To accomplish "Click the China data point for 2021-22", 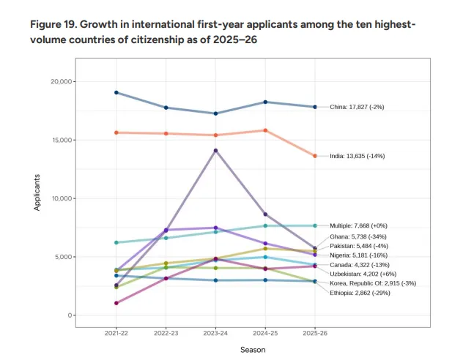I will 116,93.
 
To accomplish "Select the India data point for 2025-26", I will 315,156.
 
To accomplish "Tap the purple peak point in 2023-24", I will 215,151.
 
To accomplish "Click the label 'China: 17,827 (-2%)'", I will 357,107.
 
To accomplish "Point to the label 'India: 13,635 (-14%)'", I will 357,156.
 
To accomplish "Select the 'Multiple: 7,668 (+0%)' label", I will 360,226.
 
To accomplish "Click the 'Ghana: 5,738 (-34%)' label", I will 359,237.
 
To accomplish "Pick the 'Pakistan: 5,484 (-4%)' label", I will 360,246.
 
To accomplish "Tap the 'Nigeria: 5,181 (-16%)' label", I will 360,255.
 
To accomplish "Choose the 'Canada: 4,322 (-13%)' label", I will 360,264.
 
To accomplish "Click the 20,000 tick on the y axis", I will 65,81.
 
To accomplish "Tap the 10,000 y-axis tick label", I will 65,198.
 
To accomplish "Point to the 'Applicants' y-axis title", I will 37,194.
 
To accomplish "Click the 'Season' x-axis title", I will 253,350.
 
